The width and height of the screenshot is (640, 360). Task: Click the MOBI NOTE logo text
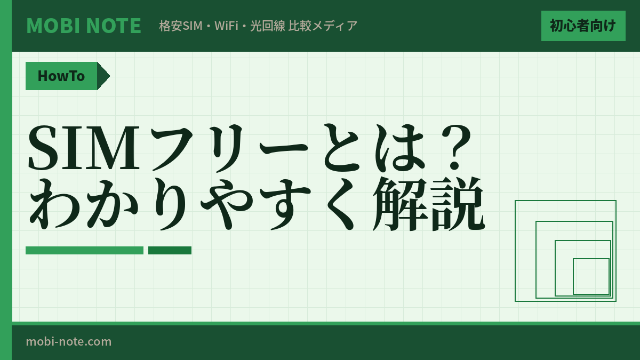click(84, 26)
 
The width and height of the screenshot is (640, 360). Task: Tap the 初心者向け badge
click(583, 26)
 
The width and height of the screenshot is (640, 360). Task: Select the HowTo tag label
click(61, 76)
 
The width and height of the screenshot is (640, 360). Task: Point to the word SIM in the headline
click(83, 148)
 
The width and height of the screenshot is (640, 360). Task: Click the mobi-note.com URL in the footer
click(69, 341)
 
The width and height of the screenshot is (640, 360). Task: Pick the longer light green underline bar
click(84, 250)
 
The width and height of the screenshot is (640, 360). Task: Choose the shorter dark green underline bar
click(170, 250)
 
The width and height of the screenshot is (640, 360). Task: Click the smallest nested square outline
click(591, 276)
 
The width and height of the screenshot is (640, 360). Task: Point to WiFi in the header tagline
click(226, 26)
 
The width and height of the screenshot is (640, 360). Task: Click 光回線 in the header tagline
click(268, 26)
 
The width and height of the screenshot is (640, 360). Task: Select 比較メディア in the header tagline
click(323, 26)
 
